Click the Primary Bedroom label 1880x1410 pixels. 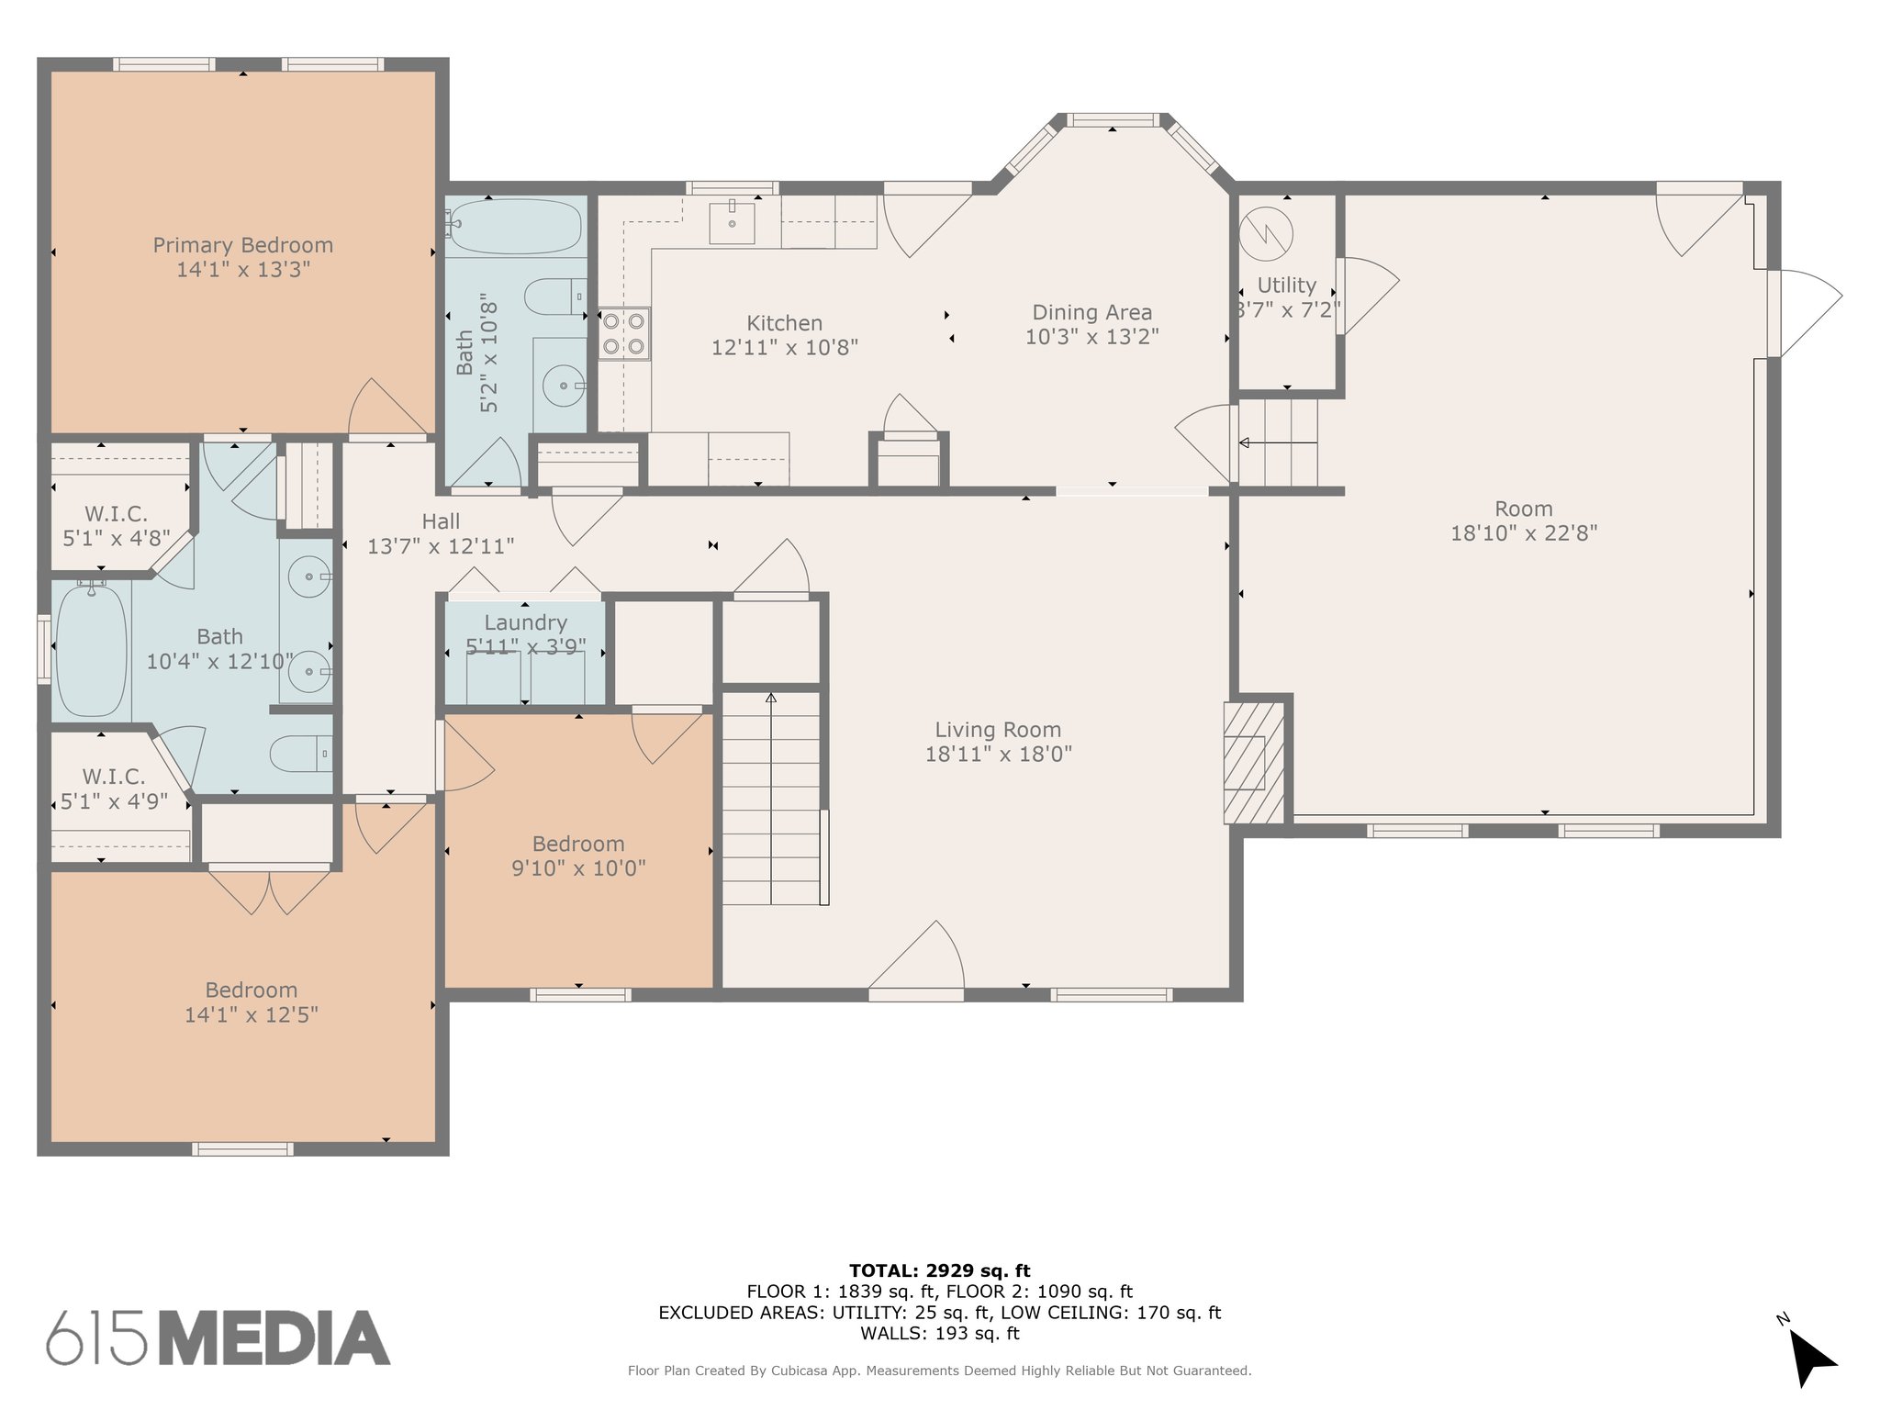pyautogui.click(x=242, y=245)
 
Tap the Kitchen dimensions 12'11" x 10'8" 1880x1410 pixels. pyautogui.click(x=785, y=347)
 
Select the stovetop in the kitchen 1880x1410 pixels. pyautogui.click(x=624, y=333)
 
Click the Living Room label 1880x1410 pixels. pyautogui.click(x=998, y=730)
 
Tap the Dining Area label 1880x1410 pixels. pyautogui.click(x=1091, y=313)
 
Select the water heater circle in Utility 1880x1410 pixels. pyautogui.click(x=1265, y=236)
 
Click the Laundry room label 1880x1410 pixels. pyautogui.click(x=526, y=623)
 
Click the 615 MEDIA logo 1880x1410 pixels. pyautogui.click(x=218, y=1337)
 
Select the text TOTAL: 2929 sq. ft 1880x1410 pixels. pyautogui.click(x=940, y=1270)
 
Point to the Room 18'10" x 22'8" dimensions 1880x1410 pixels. pyautogui.click(x=1524, y=532)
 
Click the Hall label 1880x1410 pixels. pyautogui.click(x=441, y=521)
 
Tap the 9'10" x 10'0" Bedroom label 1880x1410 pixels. pyautogui.click(x=578, y=844)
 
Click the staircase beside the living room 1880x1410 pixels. pyautogui.click(x=771, y=798)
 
